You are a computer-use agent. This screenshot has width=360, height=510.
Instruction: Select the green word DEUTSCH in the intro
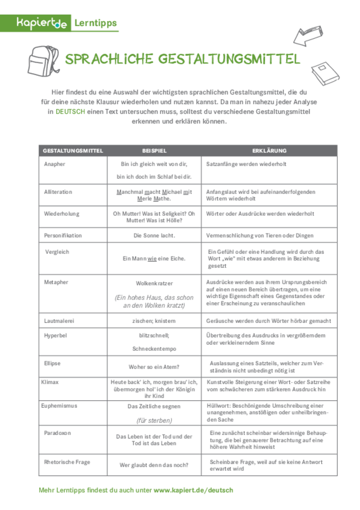70,112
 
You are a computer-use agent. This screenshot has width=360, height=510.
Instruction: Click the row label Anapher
55,164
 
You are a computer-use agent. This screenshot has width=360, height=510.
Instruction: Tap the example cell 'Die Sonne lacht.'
155,236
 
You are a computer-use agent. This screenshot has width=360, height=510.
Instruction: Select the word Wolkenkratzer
155,283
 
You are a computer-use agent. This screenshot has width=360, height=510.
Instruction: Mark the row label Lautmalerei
59,321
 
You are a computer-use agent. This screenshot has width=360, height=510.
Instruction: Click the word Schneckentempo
155,349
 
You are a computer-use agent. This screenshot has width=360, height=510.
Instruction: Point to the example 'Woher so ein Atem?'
155,367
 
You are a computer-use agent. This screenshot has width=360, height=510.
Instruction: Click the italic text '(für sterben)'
155,421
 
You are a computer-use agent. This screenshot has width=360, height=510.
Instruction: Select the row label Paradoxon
57,433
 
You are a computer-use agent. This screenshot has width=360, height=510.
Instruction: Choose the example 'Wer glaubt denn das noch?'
155,465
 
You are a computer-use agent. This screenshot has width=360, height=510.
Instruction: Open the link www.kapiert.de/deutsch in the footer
193,490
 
